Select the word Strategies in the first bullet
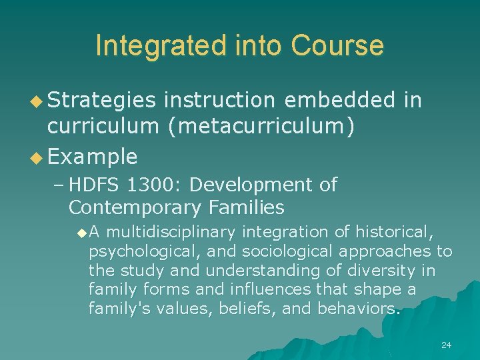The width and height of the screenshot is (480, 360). point(101,100)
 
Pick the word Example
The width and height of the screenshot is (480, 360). point(93,157)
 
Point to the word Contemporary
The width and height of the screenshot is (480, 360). point(133,207)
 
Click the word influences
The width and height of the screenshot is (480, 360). point(269,289)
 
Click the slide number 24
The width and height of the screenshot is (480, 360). point(446,345)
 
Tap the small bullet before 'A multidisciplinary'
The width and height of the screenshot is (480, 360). point(81,233)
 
